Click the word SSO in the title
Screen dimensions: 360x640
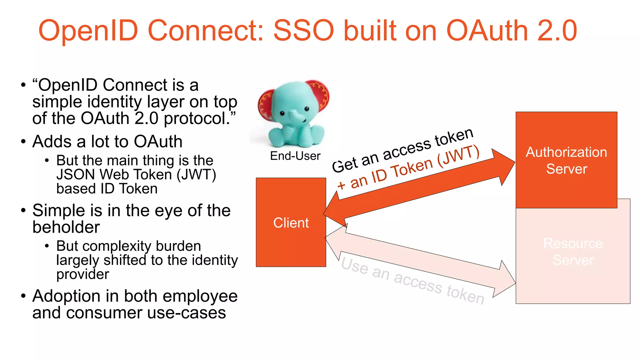(x=303, y=31)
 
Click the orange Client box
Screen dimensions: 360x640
(x=291, y=222)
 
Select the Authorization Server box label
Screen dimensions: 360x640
(x=566, y=160)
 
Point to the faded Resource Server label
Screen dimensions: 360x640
(x=573, y=252)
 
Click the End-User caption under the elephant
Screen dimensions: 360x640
(x=295, y=156)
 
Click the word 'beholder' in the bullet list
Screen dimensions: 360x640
(x=66, y=227)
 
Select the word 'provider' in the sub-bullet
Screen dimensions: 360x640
(x=82, y=274)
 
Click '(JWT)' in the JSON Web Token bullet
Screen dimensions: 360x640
(x=196, y=175)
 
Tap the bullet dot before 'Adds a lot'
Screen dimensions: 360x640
(x=23, y=142)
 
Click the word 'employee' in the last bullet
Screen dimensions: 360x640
(x=200, y=296)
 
